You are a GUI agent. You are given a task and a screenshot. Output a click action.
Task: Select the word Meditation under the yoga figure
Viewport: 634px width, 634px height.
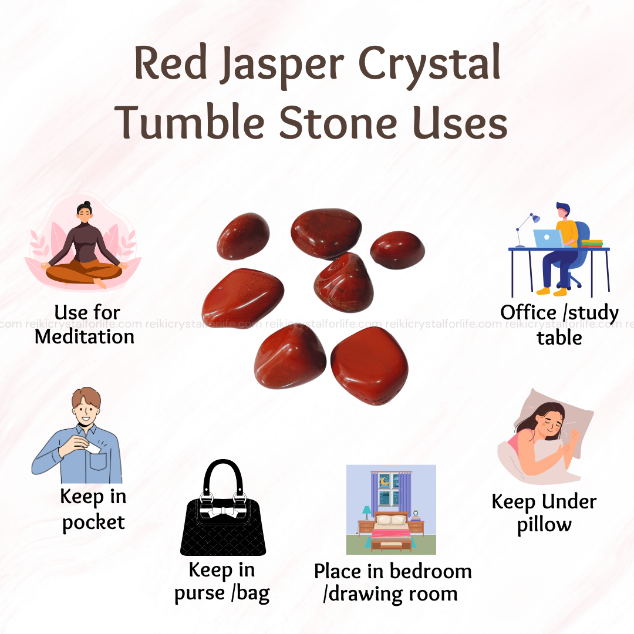coord(85,337)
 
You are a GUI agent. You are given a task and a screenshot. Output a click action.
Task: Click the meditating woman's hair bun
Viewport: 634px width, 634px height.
coord(86,204)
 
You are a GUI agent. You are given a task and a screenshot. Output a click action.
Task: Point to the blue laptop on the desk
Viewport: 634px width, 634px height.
coord(548,238)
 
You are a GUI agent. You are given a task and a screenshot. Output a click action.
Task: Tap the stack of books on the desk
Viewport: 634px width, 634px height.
coord(592,244)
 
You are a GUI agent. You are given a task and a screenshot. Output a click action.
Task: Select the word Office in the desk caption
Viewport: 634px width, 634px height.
coord(528,312)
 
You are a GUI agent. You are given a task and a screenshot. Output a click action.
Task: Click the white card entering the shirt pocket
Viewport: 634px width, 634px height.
coord(93,448)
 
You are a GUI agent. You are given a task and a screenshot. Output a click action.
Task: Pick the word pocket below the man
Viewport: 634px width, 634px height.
coord(93,522)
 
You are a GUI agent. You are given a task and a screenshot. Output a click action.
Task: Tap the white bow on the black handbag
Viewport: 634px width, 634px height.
coord(222,512)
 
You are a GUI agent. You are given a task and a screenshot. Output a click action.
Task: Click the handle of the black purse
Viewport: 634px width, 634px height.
coord(224,477)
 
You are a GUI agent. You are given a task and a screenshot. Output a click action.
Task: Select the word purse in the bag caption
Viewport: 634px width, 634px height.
coord(200,593)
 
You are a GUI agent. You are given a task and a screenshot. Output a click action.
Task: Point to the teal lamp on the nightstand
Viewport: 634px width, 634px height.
coord(367,512)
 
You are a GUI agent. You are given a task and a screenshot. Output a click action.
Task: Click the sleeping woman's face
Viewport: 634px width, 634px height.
coord(549,424)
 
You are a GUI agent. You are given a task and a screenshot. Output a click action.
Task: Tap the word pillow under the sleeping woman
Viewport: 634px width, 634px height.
coord(544,525)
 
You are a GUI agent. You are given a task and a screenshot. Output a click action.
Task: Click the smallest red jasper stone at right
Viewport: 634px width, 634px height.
coord(397,250)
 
